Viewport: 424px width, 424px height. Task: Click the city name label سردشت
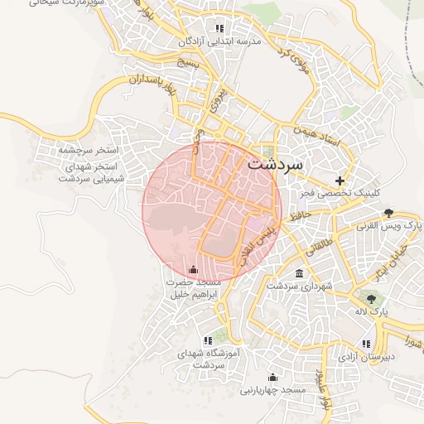[x=276, y=164]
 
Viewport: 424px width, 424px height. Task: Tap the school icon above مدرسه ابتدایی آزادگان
[x=219, y=27]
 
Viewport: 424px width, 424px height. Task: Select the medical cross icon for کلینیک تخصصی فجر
[x=339, y=181]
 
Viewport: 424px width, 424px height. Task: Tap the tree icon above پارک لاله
[x=370, y=299]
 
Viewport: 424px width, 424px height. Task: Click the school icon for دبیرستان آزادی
[x=365, y=343]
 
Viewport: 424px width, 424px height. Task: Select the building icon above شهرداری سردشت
[x=299, y=273]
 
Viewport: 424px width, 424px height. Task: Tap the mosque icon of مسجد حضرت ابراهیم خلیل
[x=194, y=268]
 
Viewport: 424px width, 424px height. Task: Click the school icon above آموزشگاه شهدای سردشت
[x=207, y=340]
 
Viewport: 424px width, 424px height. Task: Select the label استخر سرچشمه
[x=89, y=152]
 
